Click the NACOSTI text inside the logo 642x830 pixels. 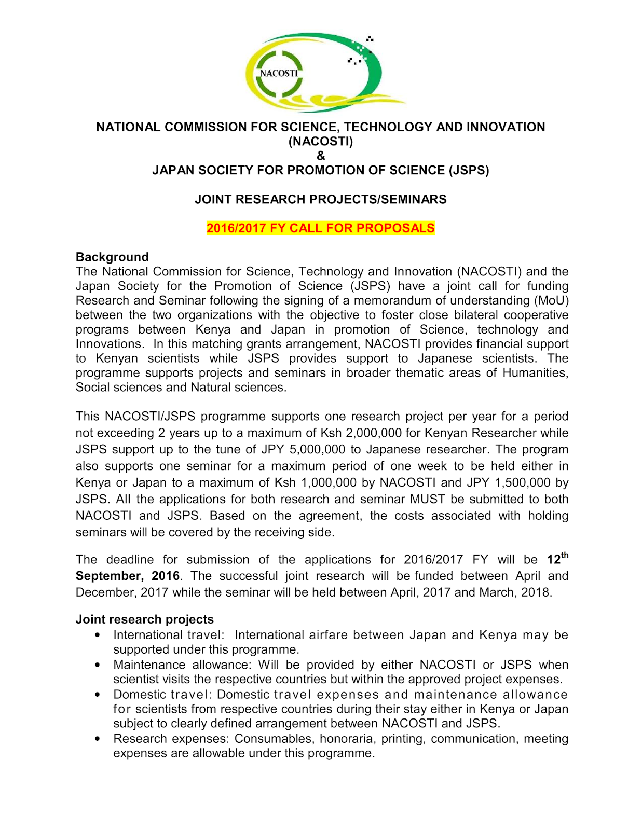[279, 73]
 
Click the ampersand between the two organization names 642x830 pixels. [321, 156]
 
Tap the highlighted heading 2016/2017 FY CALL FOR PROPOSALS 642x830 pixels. [320, 228]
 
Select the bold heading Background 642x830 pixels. [112, 257]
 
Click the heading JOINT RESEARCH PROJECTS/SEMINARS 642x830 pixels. [320, 199]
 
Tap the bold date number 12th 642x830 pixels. [557, 559]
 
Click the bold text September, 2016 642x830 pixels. [128, 576]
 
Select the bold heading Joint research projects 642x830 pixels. [145, 619]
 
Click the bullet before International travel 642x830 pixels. [98, 635]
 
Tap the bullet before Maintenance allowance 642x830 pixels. [98, 665]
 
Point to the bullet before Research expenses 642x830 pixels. [98, 739]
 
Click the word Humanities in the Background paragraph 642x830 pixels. [535, 373]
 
